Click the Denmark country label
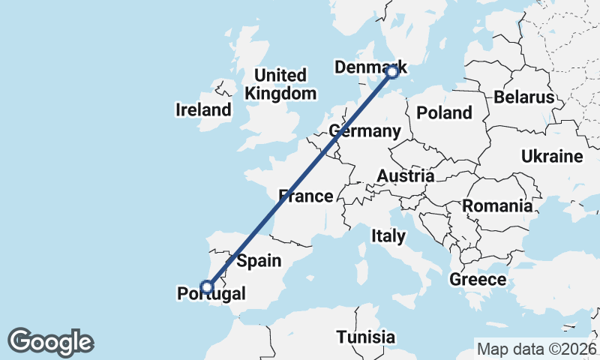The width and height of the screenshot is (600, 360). [369, 68]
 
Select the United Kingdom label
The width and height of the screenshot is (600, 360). [280, 85]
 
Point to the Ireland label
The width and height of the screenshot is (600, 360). [203, 110]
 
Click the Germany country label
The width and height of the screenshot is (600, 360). [365, 131]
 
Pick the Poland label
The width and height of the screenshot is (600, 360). [445, 113]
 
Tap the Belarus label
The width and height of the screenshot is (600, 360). [523, 97]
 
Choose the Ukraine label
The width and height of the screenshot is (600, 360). [553, 157]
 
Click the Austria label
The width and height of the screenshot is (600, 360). [405, 176]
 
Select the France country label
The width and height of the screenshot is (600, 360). [305, 196]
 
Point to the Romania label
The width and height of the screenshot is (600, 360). [498, 205]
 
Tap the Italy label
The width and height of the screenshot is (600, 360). [388, 236]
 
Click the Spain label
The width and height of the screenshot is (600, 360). [259, 261]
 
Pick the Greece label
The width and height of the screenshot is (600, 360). [478, 280]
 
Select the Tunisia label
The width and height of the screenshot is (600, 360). [365, 337]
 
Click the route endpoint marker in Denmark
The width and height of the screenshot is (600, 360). [391, 73]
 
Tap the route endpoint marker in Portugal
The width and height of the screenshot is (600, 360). [208, 286]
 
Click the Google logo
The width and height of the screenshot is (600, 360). [50, 342]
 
